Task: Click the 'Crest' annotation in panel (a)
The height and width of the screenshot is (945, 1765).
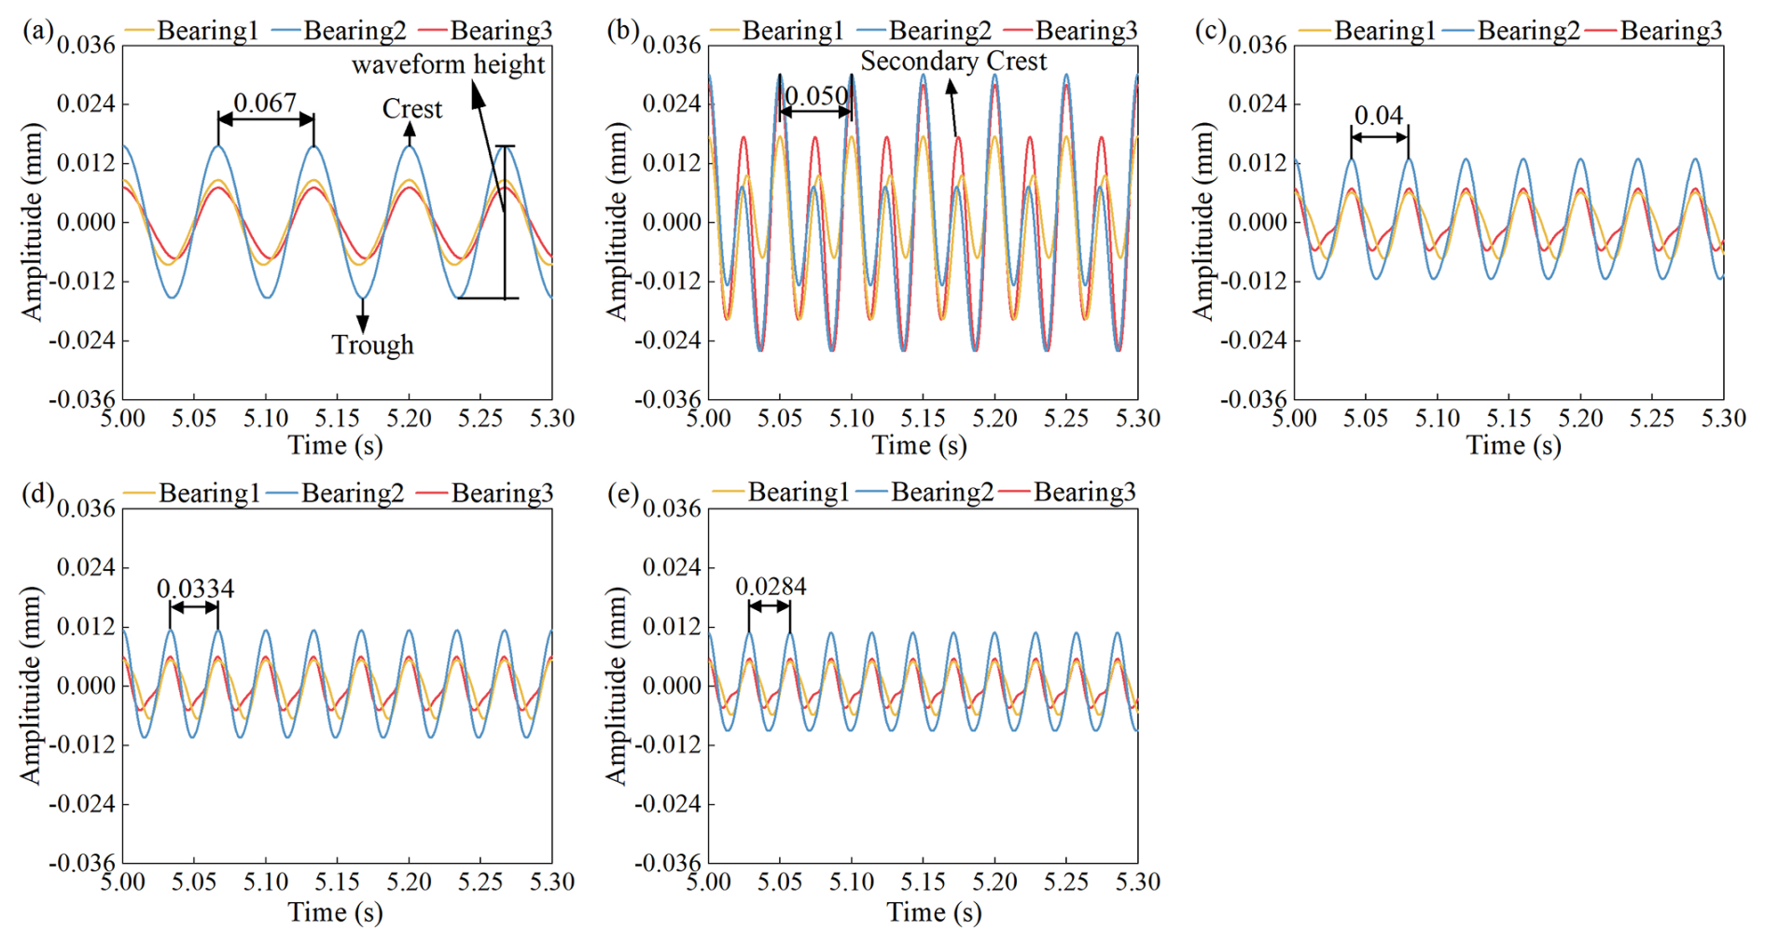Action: click(x=411, y=109)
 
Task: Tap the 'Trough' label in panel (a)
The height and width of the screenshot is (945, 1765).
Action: click(x=372, y=345)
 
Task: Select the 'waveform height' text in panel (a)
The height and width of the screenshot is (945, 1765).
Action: click(x=448, y=64)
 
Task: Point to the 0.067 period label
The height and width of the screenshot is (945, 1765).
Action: click(x=265, y=103)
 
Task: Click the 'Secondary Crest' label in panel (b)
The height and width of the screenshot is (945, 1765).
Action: click(x=952, y=62)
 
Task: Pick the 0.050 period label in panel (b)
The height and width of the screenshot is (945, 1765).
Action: click(x=816, y=96)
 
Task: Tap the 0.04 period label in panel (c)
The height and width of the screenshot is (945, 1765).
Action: click(x=1378, y=116)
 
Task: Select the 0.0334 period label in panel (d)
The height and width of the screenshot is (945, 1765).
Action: click(x=195, y=589)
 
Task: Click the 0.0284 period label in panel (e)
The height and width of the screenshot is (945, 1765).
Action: click(x=771, y=587)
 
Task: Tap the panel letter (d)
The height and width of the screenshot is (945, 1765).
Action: click(x=38, y=493)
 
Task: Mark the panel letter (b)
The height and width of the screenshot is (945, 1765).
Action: click(x=623, y=30)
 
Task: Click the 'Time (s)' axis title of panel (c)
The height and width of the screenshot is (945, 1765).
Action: click(x=1512, y=446)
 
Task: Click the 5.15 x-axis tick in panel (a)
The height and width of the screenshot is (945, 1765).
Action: click(x=337, y=418)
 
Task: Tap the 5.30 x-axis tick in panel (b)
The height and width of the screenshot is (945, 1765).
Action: click(x=1137, y=418)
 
